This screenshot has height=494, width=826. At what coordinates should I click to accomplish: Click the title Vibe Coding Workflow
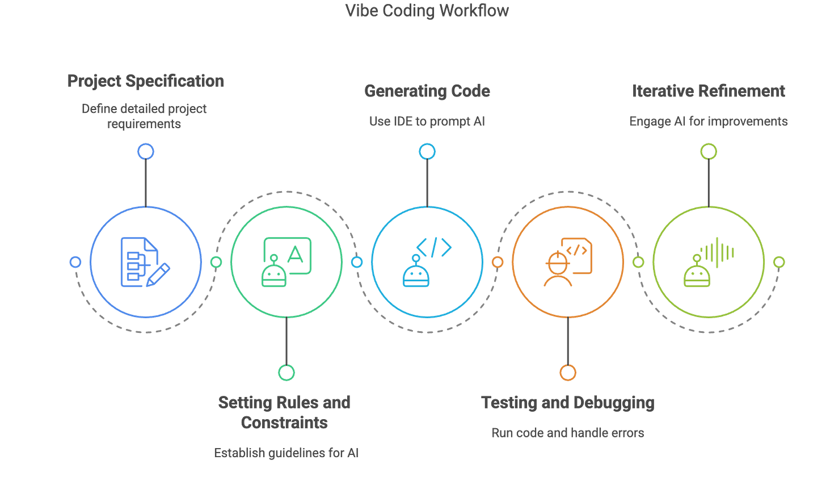click(x=427, y=10)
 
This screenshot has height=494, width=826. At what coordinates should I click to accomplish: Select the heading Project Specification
click(x=146, y=81)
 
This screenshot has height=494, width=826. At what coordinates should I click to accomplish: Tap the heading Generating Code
click(x=427, y=91)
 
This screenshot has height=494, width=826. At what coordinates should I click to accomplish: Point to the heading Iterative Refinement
click(x=709, y=91)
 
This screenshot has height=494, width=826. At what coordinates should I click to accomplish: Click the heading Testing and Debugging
click(x=567, y=402)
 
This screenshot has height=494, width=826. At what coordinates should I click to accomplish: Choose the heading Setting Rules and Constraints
click(x=285, y=412)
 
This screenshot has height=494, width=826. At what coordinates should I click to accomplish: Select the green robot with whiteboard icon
click(x=286, y=262)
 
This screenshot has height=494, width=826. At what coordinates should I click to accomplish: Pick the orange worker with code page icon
click(x=567, y=262)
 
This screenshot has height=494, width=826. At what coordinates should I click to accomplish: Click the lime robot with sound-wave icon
click(x=709, y=262)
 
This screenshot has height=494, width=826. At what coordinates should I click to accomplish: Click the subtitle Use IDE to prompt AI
click(x=427, y=121)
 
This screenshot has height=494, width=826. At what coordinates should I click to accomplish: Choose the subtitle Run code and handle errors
click(x=567, y=433)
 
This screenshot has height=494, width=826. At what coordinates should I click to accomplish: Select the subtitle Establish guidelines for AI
click(x=286, y=453)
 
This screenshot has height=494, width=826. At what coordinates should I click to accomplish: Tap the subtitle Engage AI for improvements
click(x=709, y=121)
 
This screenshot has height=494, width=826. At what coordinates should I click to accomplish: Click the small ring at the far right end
click(x=779, y=262)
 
